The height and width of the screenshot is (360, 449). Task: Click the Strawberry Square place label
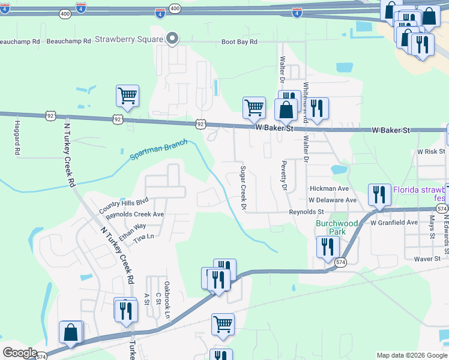click(x=129, y=40)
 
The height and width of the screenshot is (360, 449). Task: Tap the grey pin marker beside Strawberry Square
click(x=172, y=39)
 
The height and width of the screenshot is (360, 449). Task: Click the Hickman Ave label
click(x=329, y=188)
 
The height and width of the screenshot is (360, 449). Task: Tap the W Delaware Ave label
click(x=333, y=200)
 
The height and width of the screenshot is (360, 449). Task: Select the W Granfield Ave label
click(x=394, y=223)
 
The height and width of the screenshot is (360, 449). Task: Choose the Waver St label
click(x=431, y=259)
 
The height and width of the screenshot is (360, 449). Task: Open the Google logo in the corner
click(x=20, y=353)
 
